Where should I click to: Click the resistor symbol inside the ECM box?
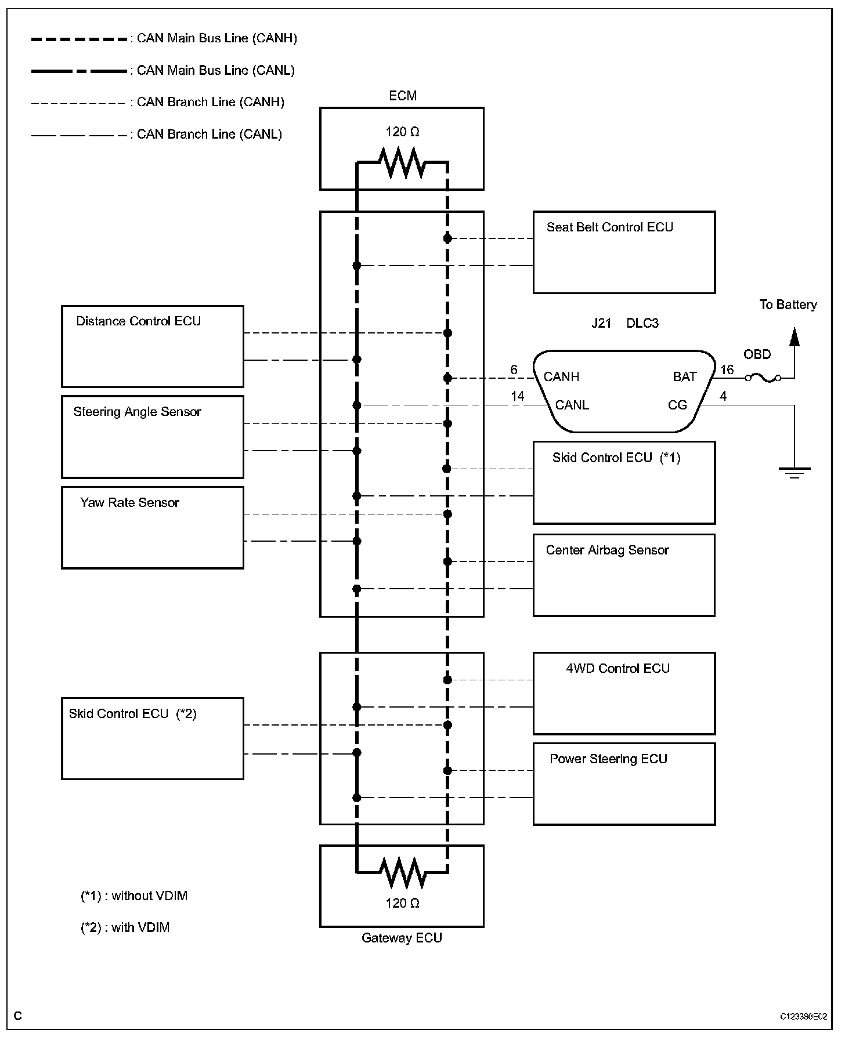pos(402,164)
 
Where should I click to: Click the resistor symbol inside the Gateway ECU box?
pos(402,872)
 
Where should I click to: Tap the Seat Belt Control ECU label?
pos(609,227)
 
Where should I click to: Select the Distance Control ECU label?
pos(139,321)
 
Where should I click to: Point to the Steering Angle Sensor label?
pos(138,412)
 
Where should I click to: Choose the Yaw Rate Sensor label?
pos(129,502)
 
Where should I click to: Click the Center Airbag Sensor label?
pos(608,550)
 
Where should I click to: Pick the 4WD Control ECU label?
pos(617,668)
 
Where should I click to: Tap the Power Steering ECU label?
pos(608,759)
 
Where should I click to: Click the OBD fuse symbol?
pos(763,378)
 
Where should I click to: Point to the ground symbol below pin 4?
pos(794,473)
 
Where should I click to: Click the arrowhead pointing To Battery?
pos(794,337)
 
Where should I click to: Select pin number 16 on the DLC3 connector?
pos(727,370)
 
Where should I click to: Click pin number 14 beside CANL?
pos(517,396)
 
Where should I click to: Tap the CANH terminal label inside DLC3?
pos(561,377)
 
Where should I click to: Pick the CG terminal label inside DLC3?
pos(677,405)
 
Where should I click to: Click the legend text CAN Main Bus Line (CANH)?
pos(217,38)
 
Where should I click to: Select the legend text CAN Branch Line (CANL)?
pos(210,134)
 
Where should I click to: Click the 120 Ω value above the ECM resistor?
pos(402,132)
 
